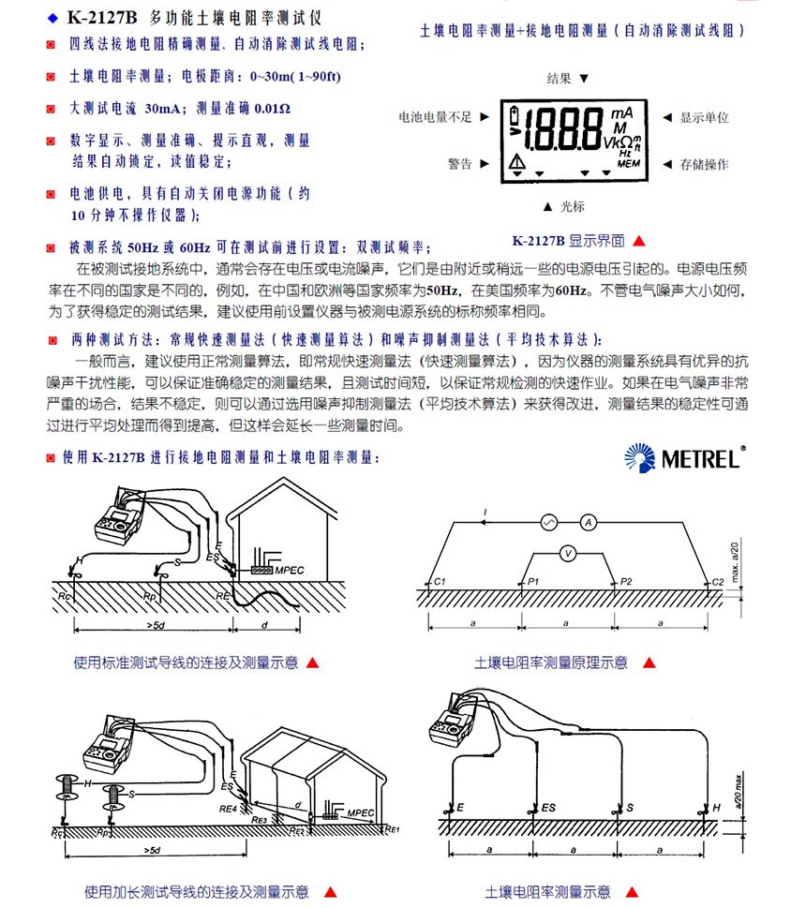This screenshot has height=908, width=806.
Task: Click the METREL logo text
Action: (x=703, y=458)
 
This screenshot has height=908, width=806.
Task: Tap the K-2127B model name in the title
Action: (x=102, y=17)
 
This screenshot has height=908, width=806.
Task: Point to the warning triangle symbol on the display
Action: (x=517, y=162)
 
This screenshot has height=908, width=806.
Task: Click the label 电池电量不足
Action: (x=436, y=117)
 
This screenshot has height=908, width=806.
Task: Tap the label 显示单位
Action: (x=704, y=117)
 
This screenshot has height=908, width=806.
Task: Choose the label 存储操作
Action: (x=704, y=164)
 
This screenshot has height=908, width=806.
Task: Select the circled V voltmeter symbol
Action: (x=567, y=553)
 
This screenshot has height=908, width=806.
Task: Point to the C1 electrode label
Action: (x=439, y=583)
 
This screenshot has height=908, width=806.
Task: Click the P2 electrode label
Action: (x=626, y=583)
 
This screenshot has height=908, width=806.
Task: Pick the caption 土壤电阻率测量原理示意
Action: (x=551, y=662)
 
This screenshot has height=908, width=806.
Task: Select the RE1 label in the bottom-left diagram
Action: (x=392, y=828)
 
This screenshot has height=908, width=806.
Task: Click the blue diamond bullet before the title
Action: (x=52, y=17)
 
